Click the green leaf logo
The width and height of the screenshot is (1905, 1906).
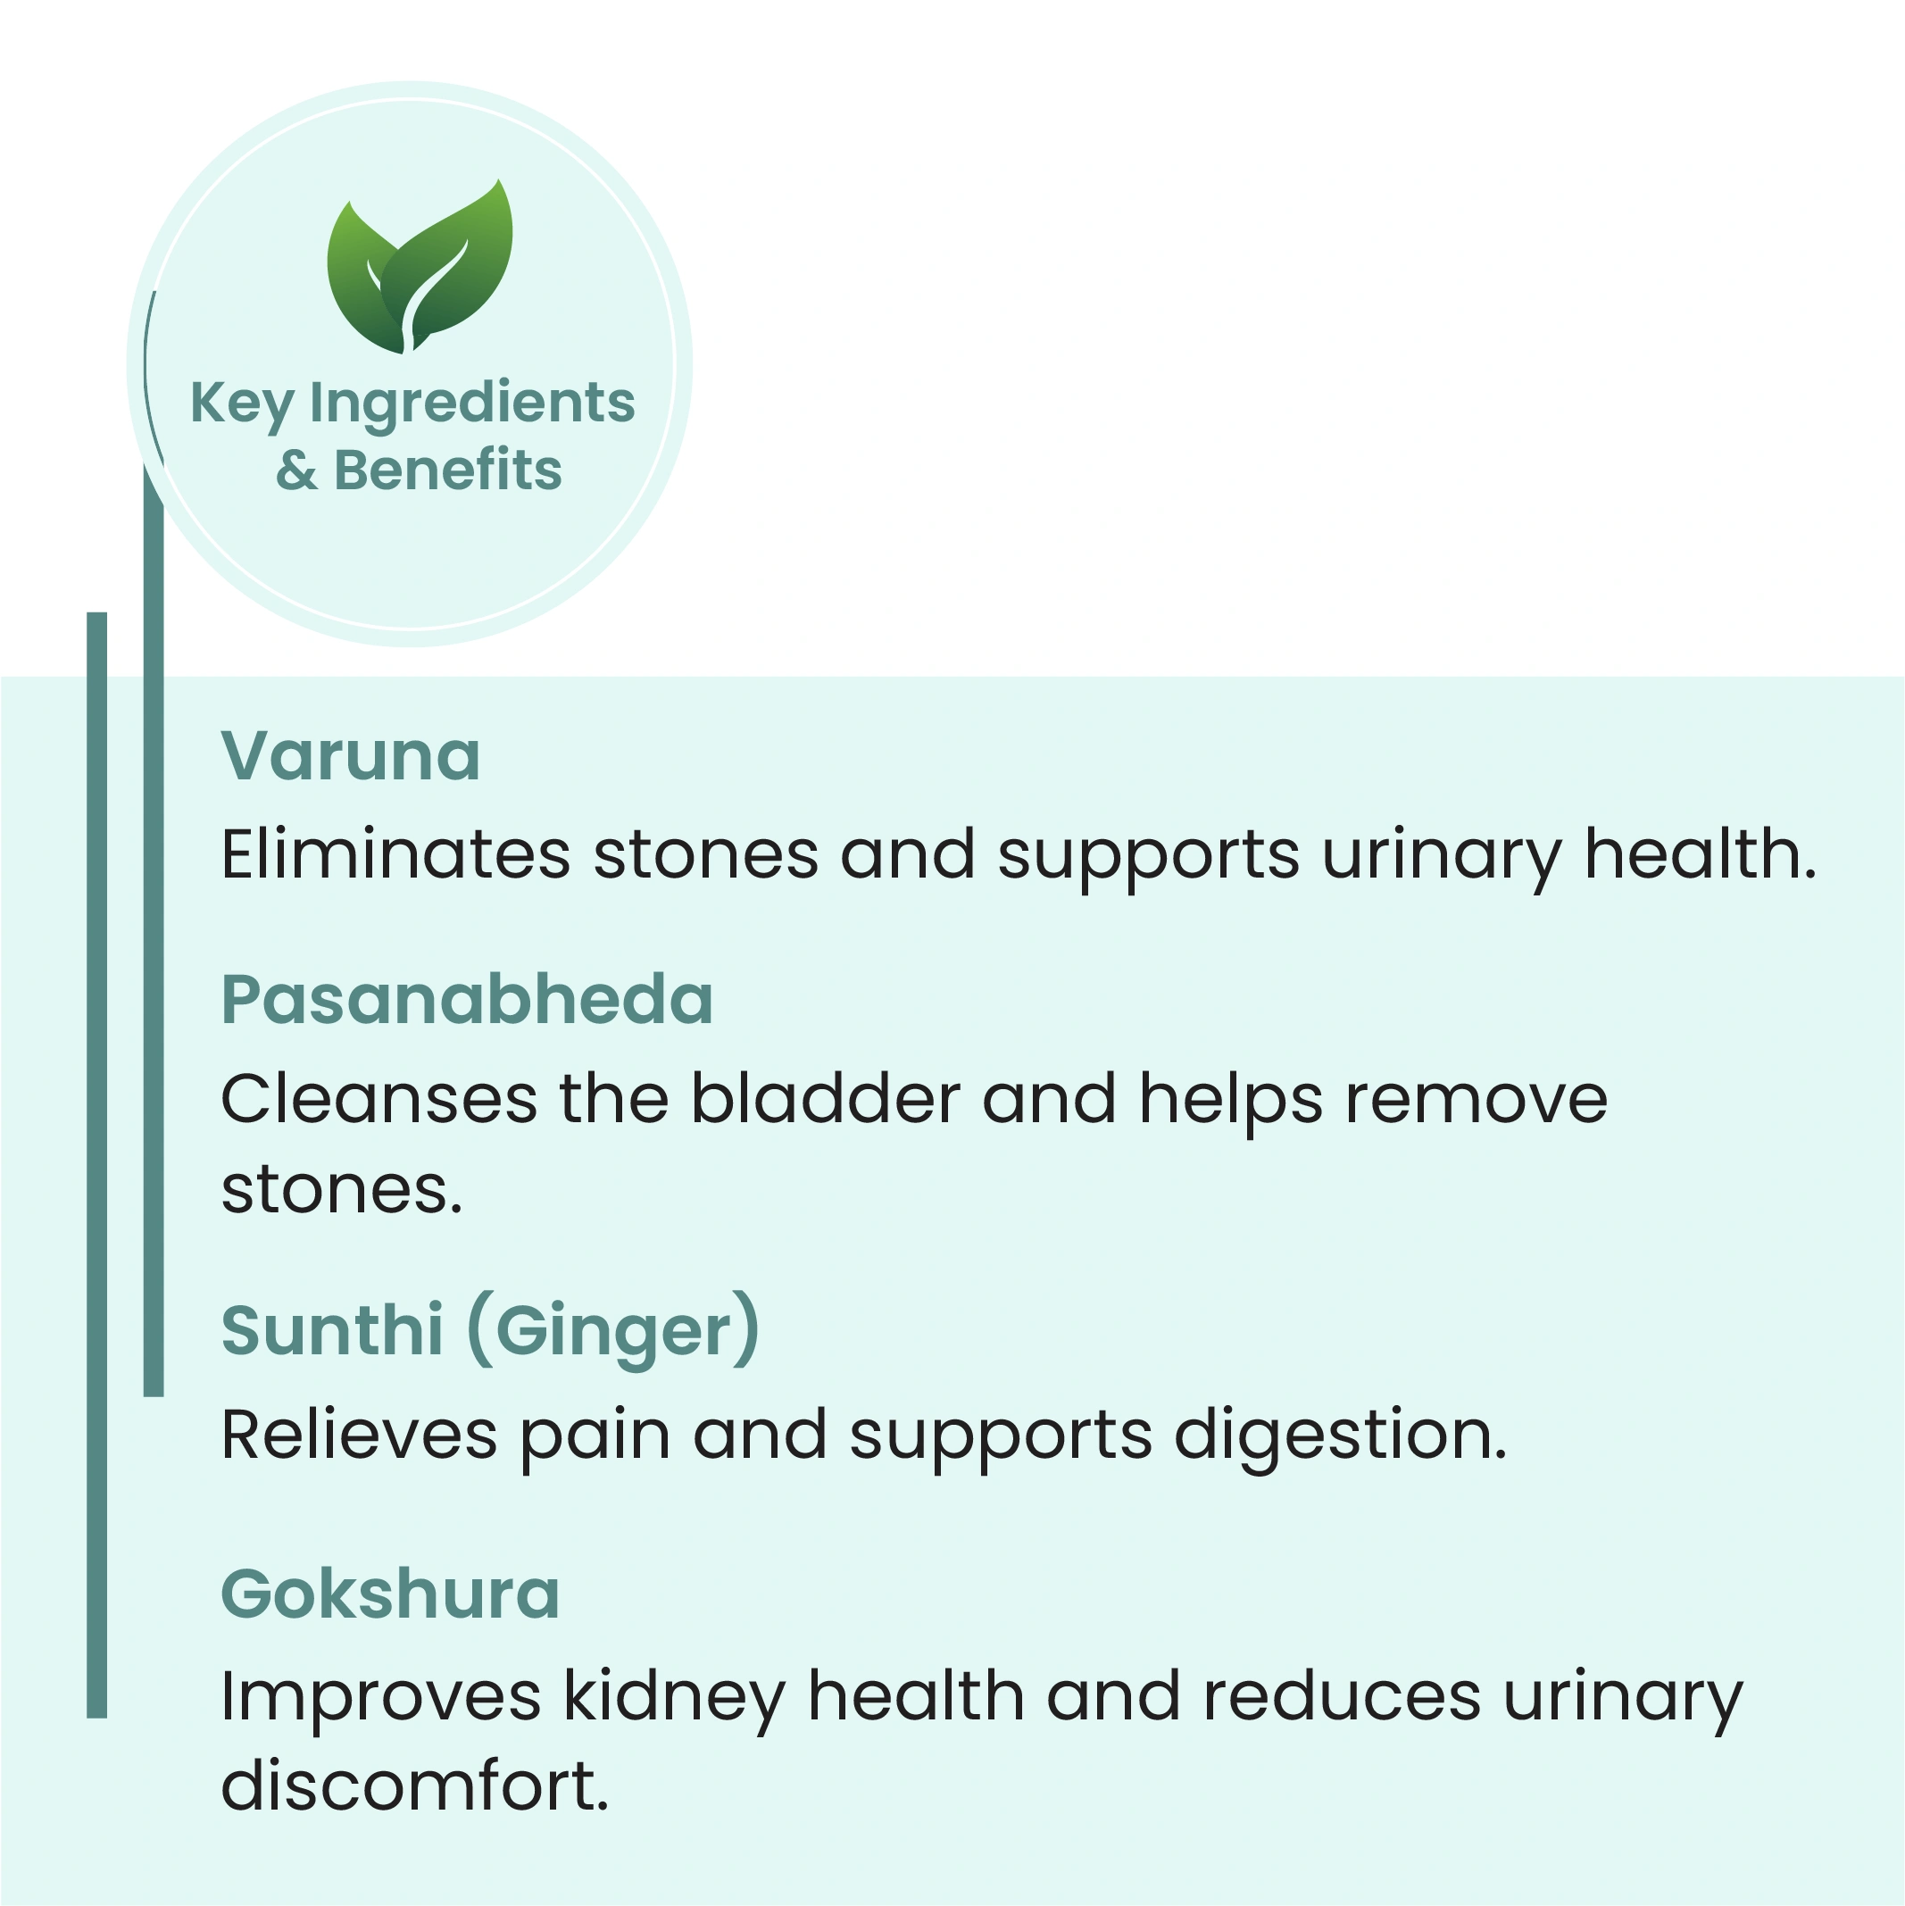tap(420, 266)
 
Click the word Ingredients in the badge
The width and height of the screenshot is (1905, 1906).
tap(472, 404)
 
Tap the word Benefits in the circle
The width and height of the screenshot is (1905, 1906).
tap(448, 470)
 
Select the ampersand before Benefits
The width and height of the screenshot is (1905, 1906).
tap(297, 470)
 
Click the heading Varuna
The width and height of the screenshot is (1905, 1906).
tap(350, 757)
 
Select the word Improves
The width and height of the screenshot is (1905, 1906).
tap(381, 1699)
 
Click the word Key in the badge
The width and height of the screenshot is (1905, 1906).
tap(242, 404)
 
